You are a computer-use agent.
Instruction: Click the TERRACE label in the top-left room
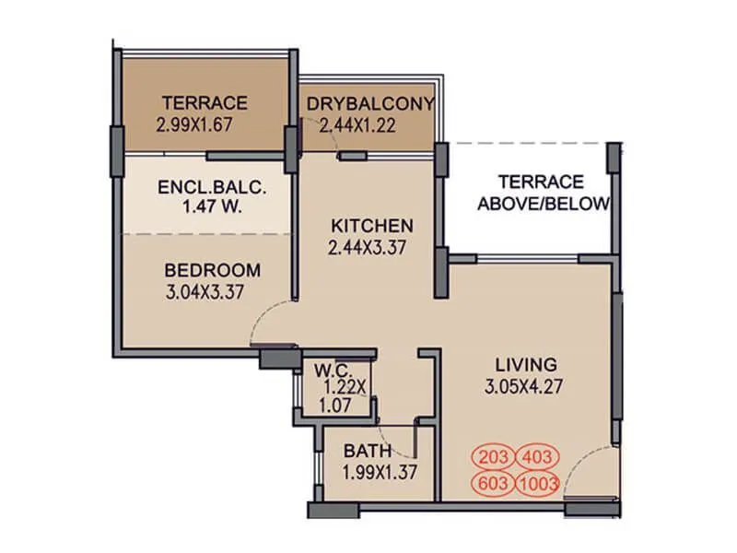(x=205, y=102)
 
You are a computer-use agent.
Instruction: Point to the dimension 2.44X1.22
(x=357, y=124)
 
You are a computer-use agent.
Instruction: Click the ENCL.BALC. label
(x=212, y=187)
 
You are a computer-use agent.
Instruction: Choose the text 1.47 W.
(x=212, y=207)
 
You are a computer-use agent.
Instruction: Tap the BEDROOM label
(x=212, y=271)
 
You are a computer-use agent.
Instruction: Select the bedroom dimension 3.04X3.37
(x=212, y=293)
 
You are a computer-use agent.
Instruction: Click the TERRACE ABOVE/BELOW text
(x=543, y=193)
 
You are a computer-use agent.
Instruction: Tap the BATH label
(x=368, y=451)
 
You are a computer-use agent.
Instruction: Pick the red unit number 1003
(x=538, y=482)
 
